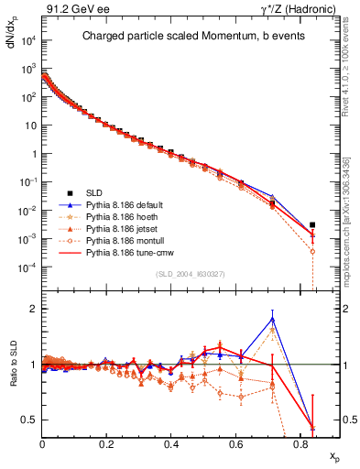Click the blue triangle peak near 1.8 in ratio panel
[x=273, y=319]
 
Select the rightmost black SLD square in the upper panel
[x=312, y=224]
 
